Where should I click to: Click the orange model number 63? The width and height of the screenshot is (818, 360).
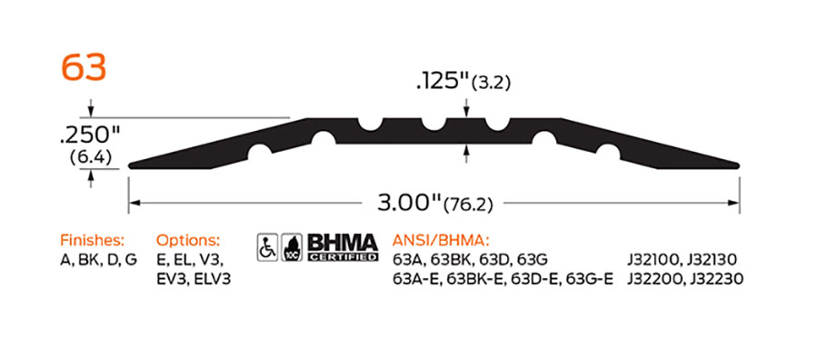click(84, 68)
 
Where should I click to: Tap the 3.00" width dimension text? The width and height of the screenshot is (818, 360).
click(409, 203)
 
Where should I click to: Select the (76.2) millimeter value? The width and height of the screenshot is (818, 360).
click(468, 205)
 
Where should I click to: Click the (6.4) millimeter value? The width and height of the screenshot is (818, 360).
click(90, 157)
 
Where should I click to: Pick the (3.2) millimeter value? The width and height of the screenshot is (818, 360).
click(491, 84)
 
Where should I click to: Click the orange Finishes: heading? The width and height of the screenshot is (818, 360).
click(93, 241)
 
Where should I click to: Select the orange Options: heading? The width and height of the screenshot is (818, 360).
click(188, 241)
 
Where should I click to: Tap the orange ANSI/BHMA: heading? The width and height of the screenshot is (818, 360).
click(441, 241)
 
